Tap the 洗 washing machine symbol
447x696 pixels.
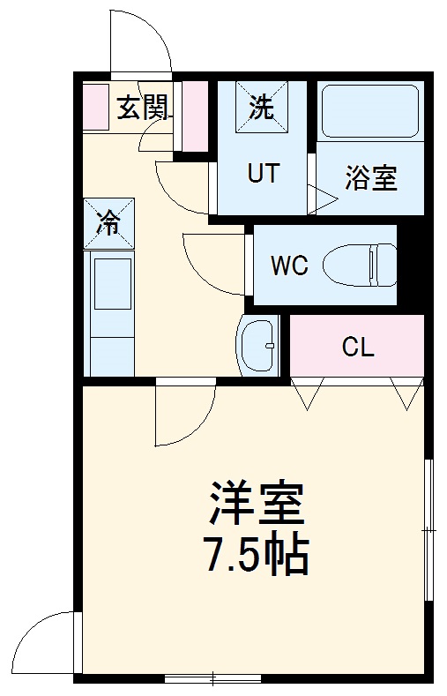pyautogui.click(x=261, y=108)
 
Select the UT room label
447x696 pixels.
pyautogui.click(x=262, y=173)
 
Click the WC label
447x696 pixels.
pyautogui.click(x=289, y=266)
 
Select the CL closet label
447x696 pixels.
pyautogui.click(x=358, y=347)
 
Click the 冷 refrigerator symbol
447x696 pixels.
pyautogui.click(x=110, y=224)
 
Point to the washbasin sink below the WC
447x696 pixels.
pyautogui.click(x=257, y=345)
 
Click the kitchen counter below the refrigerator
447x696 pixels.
pyautogui.click(x=110, y=313)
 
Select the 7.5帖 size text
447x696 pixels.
pyautogui.click(x=257, y=554)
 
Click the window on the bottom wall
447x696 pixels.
pyautogui.click(x=212, y=678)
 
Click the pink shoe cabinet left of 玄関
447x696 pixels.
pyautogui.click(x=95, y=107)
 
